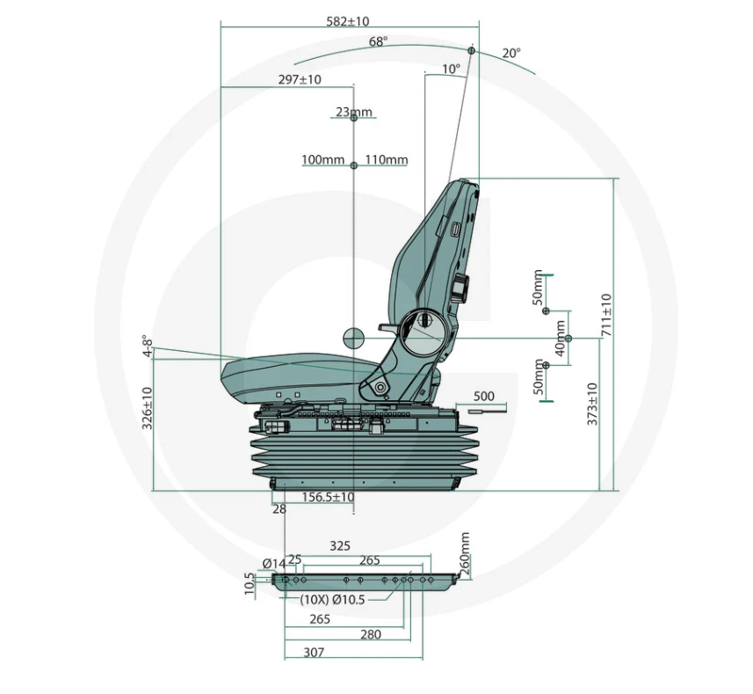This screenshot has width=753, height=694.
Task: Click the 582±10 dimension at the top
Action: click(x=348, y=22)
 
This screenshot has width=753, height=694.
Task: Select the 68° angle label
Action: click(x=379, y=42)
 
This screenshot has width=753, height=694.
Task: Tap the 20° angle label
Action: click(x=511, y=53)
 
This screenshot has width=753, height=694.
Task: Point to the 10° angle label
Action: click(x=451, y=69)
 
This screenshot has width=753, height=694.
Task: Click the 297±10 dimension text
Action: click(x=300, y=80)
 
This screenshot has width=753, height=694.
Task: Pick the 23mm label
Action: click(x=354, y=112)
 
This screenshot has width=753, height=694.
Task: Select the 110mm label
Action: click(x=387, y=159)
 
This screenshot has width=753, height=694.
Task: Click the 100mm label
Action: click(x=322, y=159)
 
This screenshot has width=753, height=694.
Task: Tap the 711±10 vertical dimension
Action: click(x=606, y=315)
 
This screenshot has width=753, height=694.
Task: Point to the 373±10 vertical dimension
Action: click(x=592, y=405)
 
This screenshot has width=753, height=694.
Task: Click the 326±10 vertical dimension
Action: click(x=148, y=408)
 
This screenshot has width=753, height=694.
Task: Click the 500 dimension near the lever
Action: click(x=483, y=396)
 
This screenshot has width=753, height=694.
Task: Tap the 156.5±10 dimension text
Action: click(x=328, y=497)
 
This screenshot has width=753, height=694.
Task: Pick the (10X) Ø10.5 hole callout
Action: click(x=332, y=600)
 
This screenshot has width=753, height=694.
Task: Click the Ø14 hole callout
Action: click(x=274, y=563)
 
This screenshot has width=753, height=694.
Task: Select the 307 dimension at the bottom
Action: click(x=314, y=652)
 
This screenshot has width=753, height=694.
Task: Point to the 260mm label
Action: click(x=465, y=553)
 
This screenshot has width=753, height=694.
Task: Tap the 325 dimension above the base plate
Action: click(x=340, y=546)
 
